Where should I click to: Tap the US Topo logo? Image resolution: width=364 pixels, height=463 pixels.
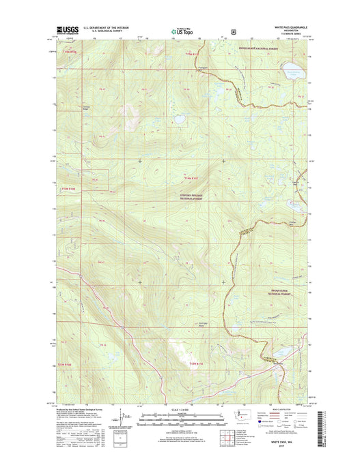181,31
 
